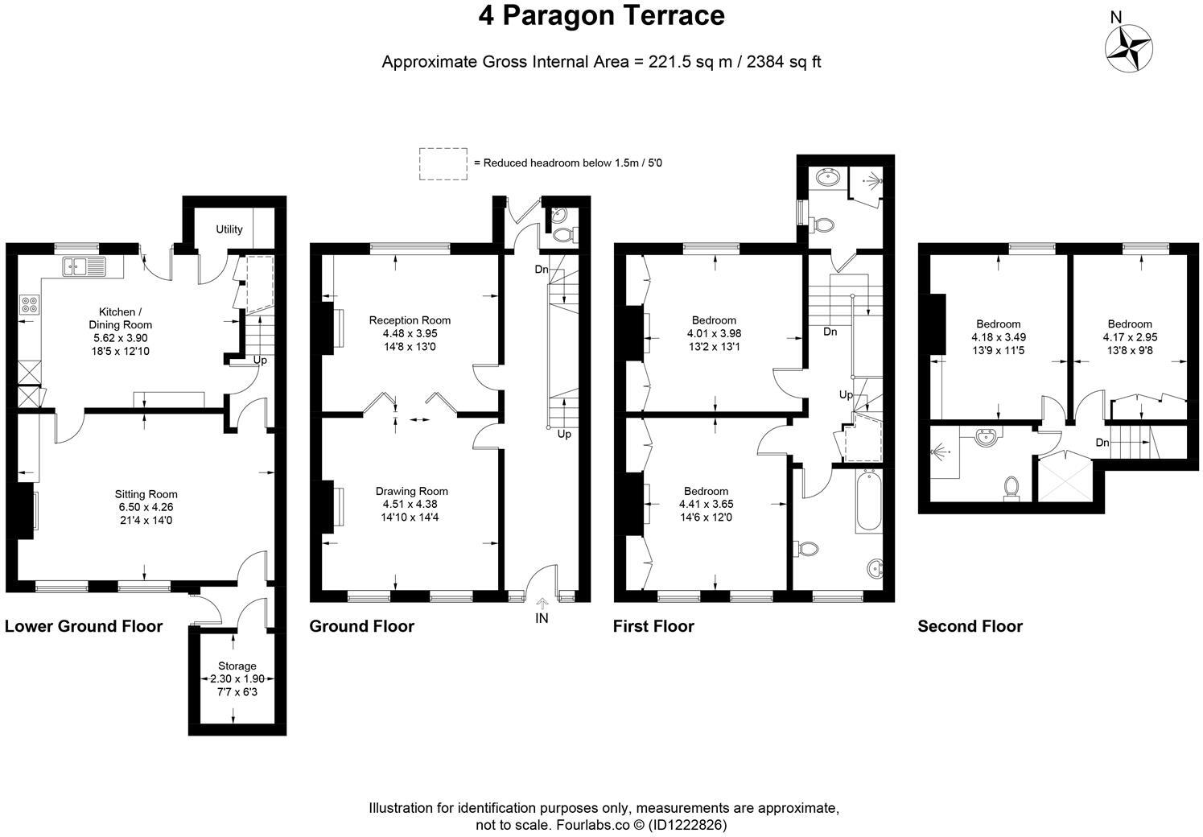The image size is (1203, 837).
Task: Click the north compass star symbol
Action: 1128,49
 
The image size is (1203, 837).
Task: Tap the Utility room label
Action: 229,229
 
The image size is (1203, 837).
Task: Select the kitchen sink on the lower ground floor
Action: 84,266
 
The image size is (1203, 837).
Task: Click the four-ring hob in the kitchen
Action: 30,304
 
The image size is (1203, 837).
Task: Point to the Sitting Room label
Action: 146,494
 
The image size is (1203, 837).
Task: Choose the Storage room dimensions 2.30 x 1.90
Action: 237,678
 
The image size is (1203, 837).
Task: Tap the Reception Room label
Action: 410,320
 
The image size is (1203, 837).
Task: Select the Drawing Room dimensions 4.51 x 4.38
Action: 410,504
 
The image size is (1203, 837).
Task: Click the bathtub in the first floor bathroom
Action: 868,501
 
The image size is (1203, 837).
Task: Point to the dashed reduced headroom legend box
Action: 443,164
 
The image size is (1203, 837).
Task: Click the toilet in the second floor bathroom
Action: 1011,488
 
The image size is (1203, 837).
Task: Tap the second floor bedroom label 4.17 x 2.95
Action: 1130,337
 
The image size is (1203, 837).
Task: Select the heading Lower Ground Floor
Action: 84,626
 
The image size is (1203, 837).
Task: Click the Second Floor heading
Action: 970,626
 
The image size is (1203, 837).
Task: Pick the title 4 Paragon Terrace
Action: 602,16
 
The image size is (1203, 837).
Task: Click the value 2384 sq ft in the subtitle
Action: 784,62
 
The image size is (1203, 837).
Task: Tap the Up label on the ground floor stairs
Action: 564,434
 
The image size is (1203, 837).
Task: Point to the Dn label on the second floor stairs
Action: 1102,443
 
